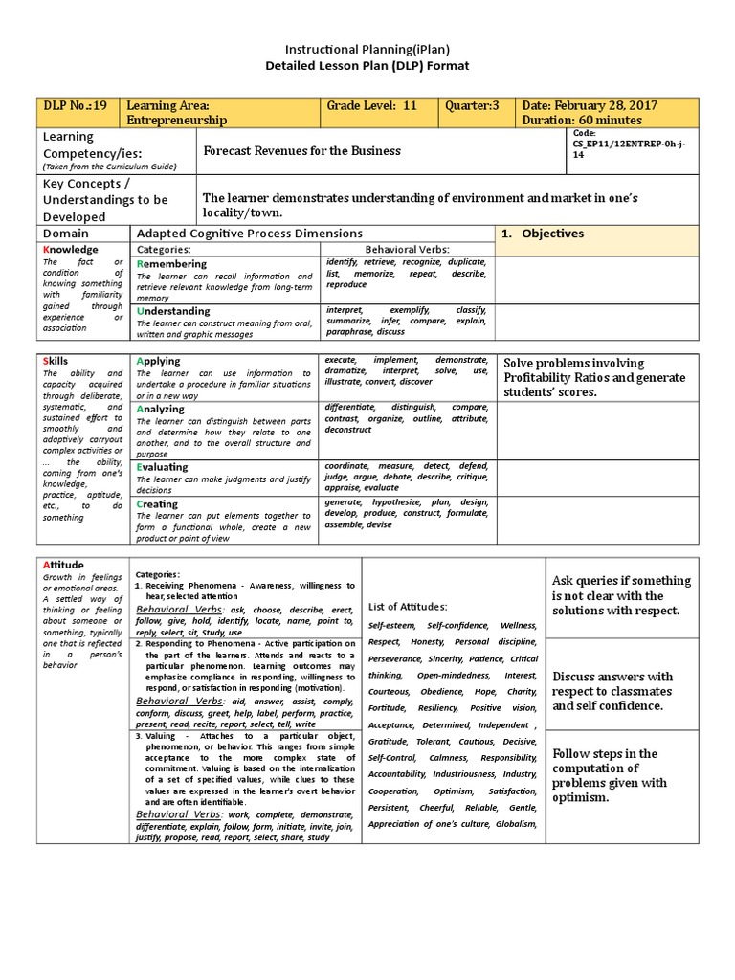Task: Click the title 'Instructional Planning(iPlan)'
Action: [x=367, y=47]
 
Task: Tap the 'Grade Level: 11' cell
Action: [x=372, y=105]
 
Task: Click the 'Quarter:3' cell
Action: [x=473, y=105]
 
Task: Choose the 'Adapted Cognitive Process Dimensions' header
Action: [x=250, y=233]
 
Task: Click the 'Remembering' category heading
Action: [x=171, y=263]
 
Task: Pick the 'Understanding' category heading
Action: [x=173, y=311]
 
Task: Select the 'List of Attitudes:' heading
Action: [x=407, y=606]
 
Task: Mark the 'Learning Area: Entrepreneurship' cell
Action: [x=178, y=113]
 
